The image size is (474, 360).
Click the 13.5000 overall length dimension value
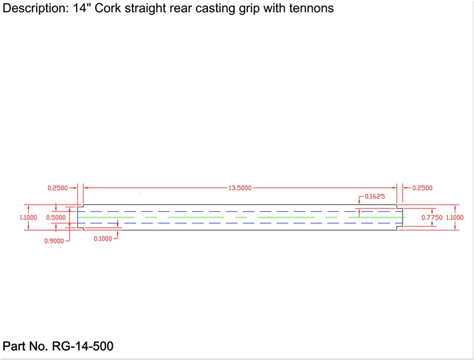240,188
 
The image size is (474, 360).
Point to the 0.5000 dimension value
56,217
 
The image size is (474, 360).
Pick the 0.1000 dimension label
103,238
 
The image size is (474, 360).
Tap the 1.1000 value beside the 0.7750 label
455,217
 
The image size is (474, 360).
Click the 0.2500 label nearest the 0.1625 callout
422,188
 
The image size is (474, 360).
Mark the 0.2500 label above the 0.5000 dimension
58,188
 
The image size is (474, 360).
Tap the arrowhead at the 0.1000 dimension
119,227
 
